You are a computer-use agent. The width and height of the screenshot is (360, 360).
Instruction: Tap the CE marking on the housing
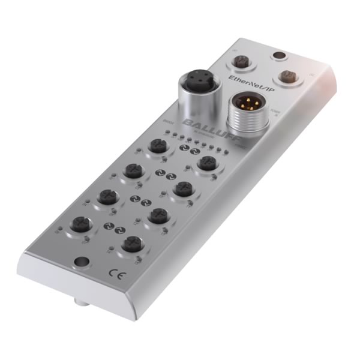pyautogui.click(x=115, y=272)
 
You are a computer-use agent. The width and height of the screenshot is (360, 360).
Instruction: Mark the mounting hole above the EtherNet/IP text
pyautogui.click(x=277, y=57)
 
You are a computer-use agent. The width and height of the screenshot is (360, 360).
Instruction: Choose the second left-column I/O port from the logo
pyautogui.click(x=132, y=170)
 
